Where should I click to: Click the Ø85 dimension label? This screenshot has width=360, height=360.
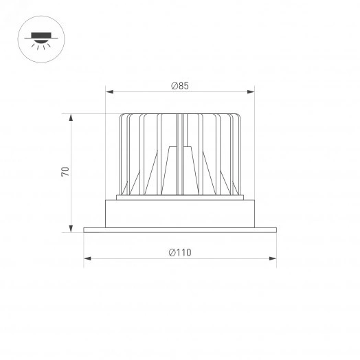point(180,86)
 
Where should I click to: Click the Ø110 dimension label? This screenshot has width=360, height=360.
point(180,252)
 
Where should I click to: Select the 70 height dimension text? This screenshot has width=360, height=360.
point(65,172)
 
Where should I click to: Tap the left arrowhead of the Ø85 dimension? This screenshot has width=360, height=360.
point(108,91)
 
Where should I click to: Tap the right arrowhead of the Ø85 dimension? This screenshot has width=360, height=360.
point(251,91)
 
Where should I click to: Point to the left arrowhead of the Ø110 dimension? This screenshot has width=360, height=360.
point(87,259)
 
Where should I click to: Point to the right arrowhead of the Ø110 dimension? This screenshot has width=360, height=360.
point(273,259)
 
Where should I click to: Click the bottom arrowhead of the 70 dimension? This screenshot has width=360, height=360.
point(71,229)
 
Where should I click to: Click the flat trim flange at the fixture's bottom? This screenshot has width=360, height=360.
point(180,229)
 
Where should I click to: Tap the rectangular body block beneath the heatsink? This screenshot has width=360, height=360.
point(180,213)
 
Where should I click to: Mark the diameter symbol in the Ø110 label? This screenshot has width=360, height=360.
point(172,252)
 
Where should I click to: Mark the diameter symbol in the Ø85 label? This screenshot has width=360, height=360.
point(174,86)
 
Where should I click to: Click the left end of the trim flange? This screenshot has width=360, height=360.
point(85,229)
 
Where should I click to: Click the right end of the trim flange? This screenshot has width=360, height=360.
point(275,229)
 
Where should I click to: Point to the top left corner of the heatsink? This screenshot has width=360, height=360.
point(122,114)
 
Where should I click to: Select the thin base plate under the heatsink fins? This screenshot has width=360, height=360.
point(180,198)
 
